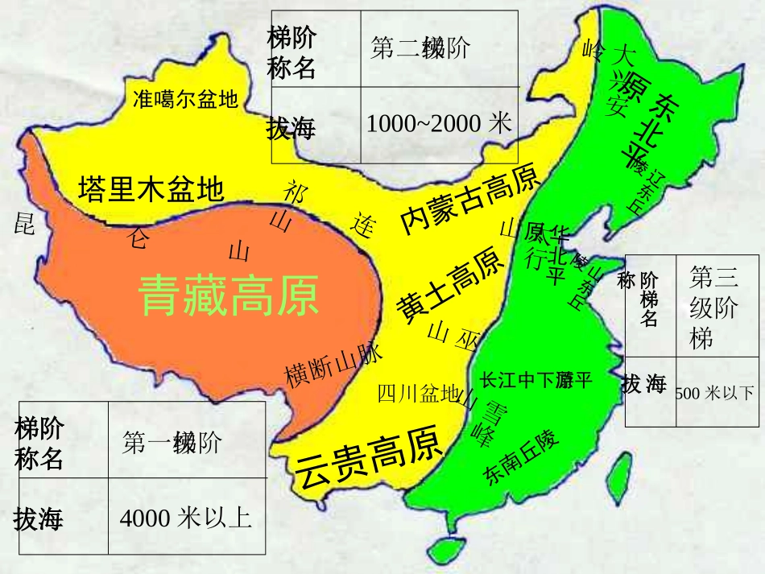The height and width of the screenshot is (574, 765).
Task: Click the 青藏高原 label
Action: click(x=229, y=295)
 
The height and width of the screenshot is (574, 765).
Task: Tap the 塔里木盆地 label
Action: click(x=151, y=190)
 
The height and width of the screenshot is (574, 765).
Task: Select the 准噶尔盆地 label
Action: click(x=185, y=99)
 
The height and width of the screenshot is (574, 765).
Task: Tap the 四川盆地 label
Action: click(x=417, y=394)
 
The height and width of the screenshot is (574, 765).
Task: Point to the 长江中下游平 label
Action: click(x=535, y=380)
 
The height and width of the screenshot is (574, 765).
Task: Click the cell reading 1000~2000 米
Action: click(x=439, y=124)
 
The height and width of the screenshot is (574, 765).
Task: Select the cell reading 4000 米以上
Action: click(x=186, y=518)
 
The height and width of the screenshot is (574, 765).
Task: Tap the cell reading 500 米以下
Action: click(x=716, y=393)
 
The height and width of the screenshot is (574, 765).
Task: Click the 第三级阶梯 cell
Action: click(x=715, y=307)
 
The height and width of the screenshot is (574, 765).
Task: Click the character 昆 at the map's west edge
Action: click(x=24, y=224)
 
